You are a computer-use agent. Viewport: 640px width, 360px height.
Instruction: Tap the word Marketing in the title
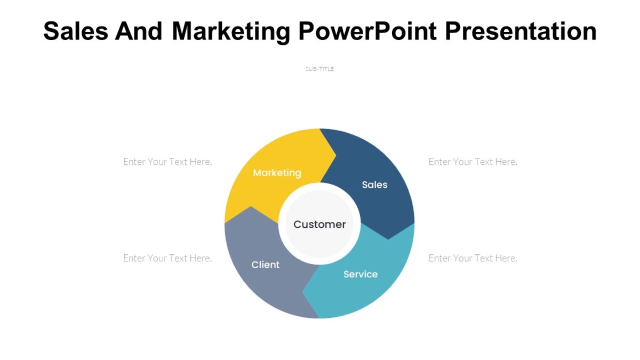231,31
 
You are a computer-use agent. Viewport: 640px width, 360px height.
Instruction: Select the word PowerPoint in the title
367,31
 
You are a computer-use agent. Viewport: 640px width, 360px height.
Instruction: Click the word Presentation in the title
521,31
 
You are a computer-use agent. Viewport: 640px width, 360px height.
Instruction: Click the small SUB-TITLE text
319,69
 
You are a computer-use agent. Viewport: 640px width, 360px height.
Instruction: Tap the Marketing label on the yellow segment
277,173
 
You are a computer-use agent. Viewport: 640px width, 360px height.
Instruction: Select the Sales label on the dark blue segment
374,185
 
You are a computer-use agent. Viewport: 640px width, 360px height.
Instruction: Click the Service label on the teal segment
361,274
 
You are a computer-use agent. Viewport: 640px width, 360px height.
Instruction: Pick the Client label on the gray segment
265,265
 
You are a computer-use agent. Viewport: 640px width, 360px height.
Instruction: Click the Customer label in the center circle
319,225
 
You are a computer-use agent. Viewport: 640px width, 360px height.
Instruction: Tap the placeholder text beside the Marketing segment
167,162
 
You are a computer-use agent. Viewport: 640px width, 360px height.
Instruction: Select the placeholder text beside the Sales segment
473,162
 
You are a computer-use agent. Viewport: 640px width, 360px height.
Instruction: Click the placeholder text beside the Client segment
167,258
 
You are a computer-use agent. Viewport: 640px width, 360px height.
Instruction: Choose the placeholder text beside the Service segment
473,258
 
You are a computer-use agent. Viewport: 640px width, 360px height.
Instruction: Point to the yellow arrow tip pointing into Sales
333,155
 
